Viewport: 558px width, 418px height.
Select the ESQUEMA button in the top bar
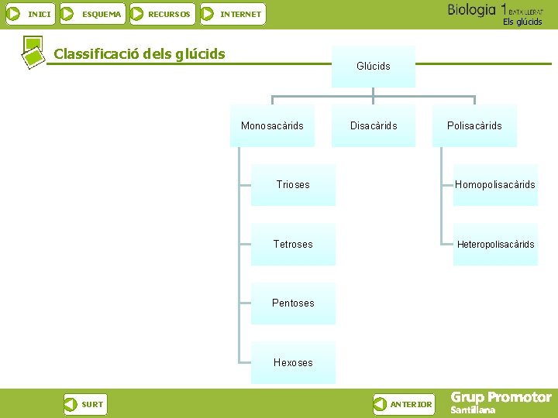92,14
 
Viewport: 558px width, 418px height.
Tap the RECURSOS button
161,14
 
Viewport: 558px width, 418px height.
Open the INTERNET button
232,14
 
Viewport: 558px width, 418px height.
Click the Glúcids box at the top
373,67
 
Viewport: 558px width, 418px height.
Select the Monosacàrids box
272,125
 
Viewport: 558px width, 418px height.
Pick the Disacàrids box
374,125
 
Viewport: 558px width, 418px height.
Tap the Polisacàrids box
474,125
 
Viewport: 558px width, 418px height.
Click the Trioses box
293,185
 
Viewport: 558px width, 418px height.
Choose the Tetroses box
293,244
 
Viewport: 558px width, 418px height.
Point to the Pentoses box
293,303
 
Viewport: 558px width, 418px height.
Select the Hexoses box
293,362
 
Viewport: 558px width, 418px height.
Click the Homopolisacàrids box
495,185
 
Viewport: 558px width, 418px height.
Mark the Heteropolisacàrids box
495,244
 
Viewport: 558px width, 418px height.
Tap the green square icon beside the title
32,51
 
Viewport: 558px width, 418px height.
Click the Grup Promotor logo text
501,398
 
